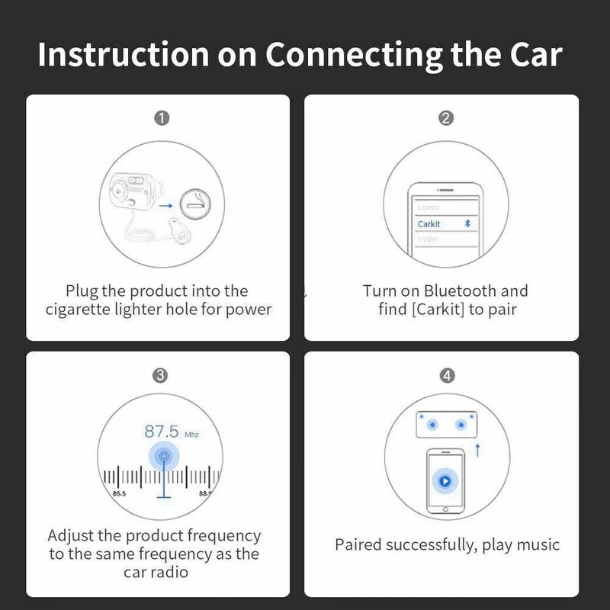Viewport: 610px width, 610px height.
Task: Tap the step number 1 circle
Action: click(161, 117)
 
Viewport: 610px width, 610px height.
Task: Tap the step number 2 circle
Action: click(447, 117)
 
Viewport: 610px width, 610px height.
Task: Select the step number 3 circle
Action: click(161, 375)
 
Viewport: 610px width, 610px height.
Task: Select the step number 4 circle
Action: click(447, 375)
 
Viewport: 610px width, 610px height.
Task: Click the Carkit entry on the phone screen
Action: click(429, 224)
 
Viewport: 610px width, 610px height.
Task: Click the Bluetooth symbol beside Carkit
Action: click(469, 224)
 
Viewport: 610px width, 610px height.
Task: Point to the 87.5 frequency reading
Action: click(161, 432)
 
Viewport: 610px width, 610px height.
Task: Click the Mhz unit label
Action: click(191, 435)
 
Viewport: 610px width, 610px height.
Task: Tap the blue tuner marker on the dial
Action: click(162, 457)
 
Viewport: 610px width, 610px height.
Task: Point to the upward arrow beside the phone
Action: click(478, 451)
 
